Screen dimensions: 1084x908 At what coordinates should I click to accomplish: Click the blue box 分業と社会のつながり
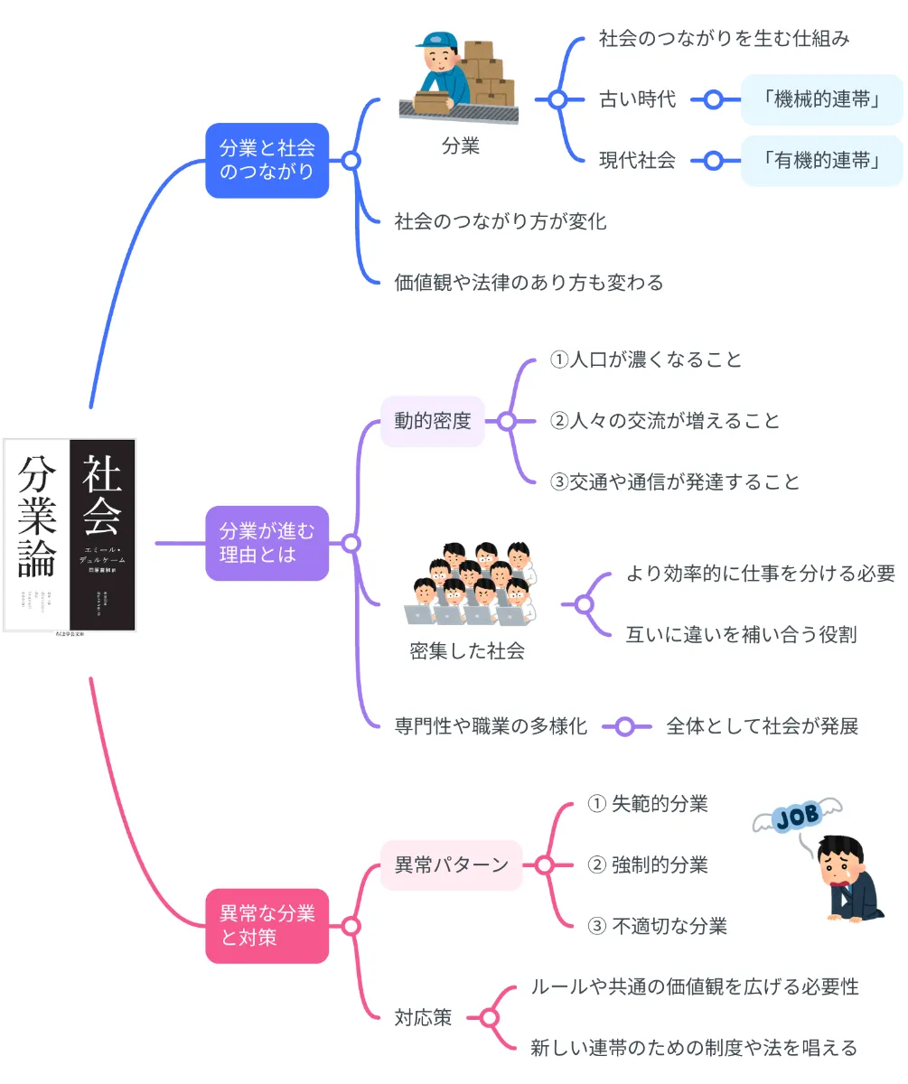click(x=267, y=160)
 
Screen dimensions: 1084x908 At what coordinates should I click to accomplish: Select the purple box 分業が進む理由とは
click(x=267, y=543)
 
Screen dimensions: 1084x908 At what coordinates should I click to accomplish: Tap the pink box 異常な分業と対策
click(x=267, y=926)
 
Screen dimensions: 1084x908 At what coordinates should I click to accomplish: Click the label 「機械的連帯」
click(x=822, y=99)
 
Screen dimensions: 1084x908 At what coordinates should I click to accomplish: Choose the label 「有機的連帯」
click(x=822, y=161)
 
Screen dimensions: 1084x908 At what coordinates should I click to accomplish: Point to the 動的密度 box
click(x=432, y=421)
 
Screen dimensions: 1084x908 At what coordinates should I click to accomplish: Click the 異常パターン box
click(x=452, y=865)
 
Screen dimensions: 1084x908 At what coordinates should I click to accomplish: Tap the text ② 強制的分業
click(x=648, y=865)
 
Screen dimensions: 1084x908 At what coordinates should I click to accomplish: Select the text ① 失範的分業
click(x=648, y=804)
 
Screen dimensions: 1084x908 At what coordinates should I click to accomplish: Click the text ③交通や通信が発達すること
click(x=675, y=481)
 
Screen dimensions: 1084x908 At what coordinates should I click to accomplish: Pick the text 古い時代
click(x=637, y=99)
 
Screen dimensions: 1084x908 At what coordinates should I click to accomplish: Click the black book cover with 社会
click(x=103, y=535)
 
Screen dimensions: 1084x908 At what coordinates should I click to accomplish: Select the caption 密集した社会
click(x=467, y=651)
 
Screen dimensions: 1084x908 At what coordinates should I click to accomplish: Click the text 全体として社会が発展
click(x=762, y=725)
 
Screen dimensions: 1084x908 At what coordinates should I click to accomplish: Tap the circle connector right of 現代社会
click(x=713, y=161)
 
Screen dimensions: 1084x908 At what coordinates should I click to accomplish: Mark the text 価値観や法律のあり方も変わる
click(x=529, y=283)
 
